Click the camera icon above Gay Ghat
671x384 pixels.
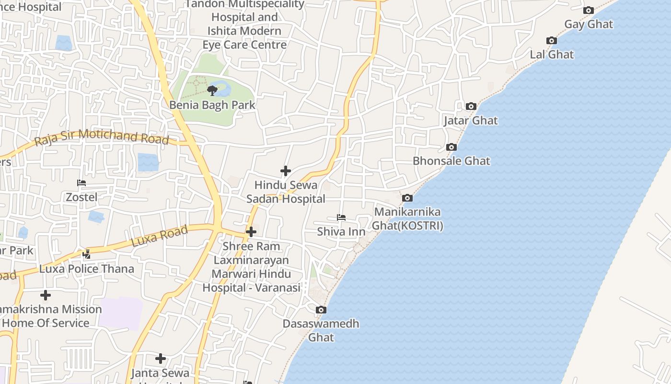[589, 10]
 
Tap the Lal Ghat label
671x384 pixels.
[552, 54]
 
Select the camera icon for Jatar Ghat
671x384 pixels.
[471, 106]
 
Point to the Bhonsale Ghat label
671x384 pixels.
[451, 161]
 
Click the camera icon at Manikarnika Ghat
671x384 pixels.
[407, 198]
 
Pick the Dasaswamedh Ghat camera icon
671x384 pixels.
[321, 310]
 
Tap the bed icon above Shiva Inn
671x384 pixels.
[341, 217]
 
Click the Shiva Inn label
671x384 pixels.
[341, 232]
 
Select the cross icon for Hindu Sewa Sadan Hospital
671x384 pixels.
[286, 171]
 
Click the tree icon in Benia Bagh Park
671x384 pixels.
[212, 90]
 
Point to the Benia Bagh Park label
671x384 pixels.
[212, 105]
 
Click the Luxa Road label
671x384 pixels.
[159, 237]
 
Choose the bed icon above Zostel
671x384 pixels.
[81, 183]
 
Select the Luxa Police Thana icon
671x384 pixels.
[87, 254]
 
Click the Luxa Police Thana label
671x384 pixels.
[87, 269]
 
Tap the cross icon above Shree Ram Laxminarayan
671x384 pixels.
[251, 232]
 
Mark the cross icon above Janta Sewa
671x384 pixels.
[161, 359]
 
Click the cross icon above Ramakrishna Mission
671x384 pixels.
[46, 295]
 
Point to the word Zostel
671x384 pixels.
[81, 197]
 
